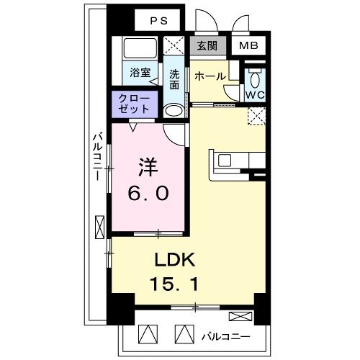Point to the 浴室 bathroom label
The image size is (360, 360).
140,73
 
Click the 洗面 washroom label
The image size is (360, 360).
174,78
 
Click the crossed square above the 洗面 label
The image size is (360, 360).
174,46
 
